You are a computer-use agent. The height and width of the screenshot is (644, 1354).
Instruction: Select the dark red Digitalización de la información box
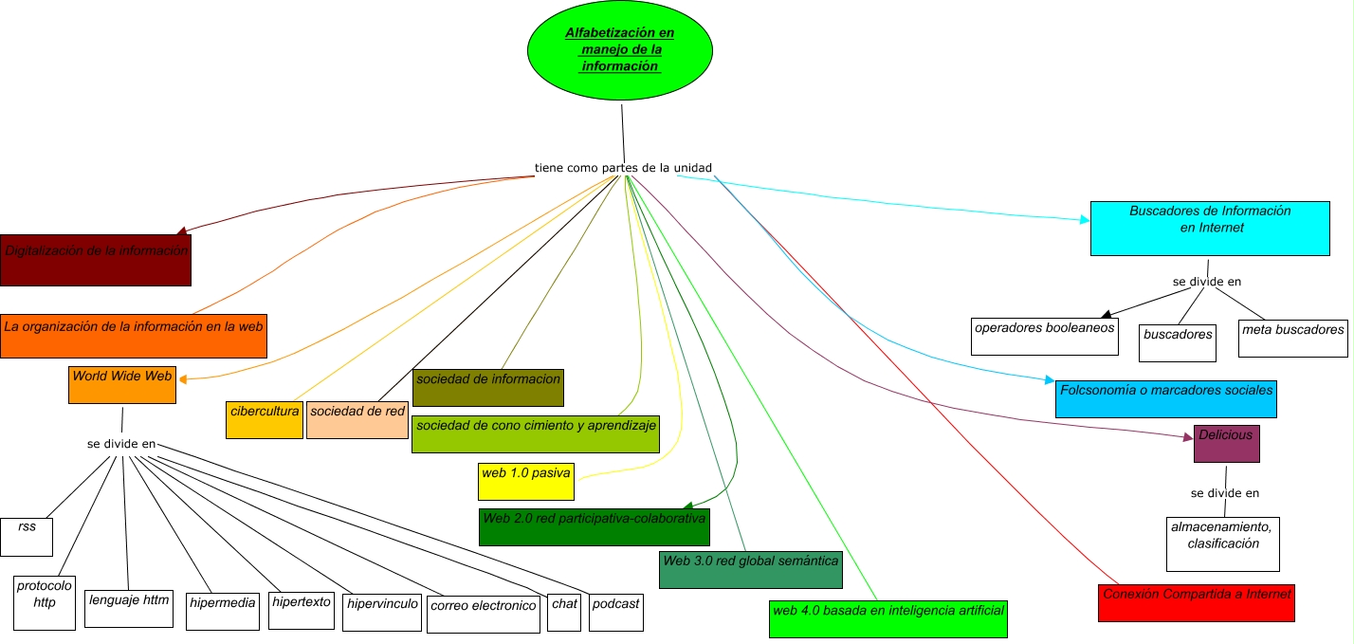point(96,259)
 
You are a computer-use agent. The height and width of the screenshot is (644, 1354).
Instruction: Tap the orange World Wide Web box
point(122,384)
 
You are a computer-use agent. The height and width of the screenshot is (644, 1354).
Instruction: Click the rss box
point(27,536)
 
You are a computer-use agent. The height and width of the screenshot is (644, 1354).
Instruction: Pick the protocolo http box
point(45,601)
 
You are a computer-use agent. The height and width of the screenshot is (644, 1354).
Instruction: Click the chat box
point(564,613)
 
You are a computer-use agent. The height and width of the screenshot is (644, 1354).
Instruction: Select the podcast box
point(615,613)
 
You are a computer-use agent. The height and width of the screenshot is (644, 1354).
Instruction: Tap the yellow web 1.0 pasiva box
point(527,481)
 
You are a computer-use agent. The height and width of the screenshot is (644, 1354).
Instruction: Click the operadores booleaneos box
point(1045,336)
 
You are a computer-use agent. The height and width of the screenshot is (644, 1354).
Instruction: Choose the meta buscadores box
point(1293,338)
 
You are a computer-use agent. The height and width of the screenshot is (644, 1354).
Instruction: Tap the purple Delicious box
point(1226,443)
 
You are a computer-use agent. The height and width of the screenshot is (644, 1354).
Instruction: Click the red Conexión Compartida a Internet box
point(1197,602)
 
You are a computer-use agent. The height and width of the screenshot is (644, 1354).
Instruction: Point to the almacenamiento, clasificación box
point(1223,543)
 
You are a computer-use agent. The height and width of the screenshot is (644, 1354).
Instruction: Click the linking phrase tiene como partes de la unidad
point(623,168)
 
